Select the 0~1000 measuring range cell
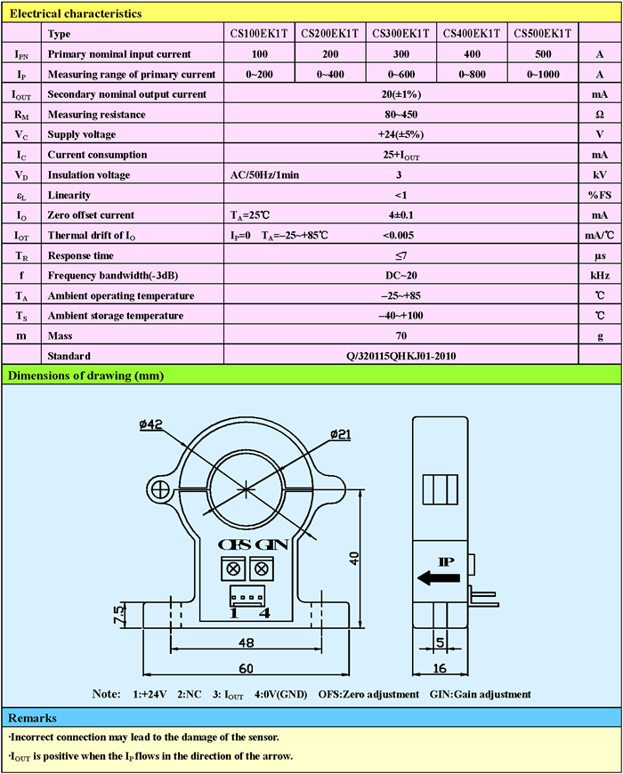pos(543,74)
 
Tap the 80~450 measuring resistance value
pos(398,115)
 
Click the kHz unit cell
pos(599,276)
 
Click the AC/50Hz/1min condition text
pos(264,175)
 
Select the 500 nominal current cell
pos(543,54)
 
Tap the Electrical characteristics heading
pos(75,14)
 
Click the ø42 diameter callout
pos(150,425)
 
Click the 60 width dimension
pos(247,667)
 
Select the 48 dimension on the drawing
pos(247,642)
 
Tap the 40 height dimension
pos(355,559)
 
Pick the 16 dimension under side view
pos(440,667)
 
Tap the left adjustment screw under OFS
pos(236,568)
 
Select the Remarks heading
pos(32,718)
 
